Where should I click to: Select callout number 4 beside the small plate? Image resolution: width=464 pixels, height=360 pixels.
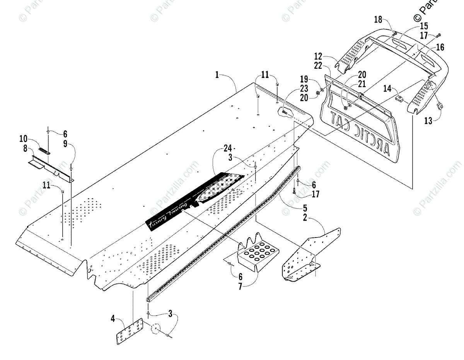113,319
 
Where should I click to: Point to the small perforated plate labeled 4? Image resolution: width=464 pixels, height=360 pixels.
130,331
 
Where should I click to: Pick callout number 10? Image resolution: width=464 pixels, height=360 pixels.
24,138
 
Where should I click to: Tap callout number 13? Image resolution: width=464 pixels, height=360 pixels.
427,121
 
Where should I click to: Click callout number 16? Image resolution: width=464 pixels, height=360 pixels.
440,47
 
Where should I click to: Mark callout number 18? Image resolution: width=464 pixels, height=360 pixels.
378,20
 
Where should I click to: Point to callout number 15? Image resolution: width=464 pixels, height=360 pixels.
424,26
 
